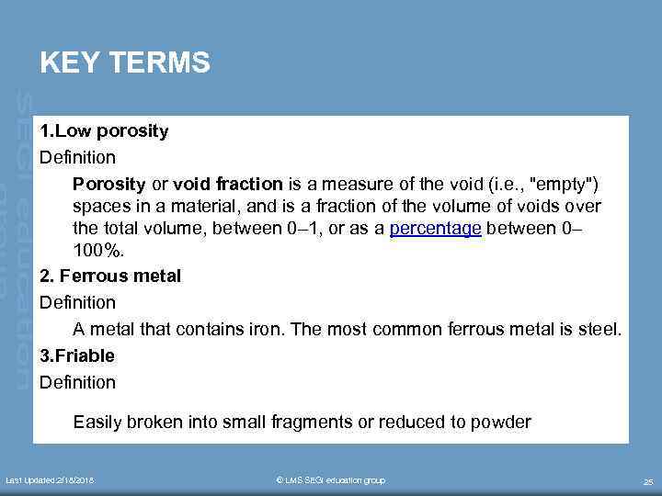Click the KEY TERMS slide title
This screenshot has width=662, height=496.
[x=125, y=63]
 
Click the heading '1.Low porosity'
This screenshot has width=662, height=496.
[x=104, y=130]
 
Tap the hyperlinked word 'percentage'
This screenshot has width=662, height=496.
[x=435, y=229]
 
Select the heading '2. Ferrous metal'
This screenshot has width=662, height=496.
[x=110, y=276]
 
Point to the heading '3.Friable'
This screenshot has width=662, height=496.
[x=77, y=355]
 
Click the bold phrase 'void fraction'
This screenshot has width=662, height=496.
[x=228, y=181]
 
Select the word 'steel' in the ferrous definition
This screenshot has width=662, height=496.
[x=599, y=329]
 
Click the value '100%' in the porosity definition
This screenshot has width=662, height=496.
[x=96, y=250]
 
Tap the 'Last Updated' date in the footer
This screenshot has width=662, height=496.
[x=50, y=480]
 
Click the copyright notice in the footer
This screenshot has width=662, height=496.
[x=331, y=480]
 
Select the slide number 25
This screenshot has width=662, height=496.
[x=647, y=481]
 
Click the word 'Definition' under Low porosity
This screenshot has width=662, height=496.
[x=77, y=157]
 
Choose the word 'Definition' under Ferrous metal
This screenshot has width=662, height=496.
[x=77, y=302]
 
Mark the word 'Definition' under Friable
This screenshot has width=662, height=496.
[x=77, y=382]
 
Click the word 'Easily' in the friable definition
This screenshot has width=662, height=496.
[x=97, y=423]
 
